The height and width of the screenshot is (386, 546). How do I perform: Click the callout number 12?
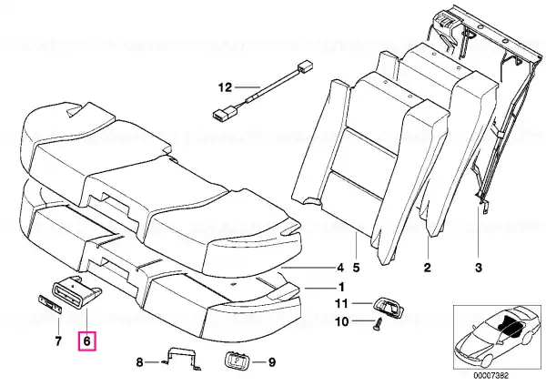coord(225,86)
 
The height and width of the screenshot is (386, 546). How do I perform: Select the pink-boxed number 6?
coord(86,341)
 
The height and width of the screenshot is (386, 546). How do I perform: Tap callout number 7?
coord(58,341)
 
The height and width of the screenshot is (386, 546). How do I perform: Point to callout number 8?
coord(139,362)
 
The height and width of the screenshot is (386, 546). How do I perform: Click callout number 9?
coord(272,362)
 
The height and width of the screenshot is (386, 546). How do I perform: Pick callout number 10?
coord(341,321)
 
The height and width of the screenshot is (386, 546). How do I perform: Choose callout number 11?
coord(341,303)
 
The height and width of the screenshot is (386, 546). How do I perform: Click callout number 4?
coord(340,268)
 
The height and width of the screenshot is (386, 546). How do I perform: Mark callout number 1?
coord(341,287)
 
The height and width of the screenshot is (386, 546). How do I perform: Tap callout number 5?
coord(356,268)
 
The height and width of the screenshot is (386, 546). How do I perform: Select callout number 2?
coord(428,268)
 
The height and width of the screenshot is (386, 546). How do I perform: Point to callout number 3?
coord(479,268)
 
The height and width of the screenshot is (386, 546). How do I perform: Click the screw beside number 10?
coord(378,323)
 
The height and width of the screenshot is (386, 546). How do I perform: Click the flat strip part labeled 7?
coord(50,304)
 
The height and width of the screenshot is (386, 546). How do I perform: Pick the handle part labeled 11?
coord(388,304)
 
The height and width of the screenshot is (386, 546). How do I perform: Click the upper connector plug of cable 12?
coord(304,66)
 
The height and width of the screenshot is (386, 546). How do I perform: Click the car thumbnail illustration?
coord(497,336)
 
